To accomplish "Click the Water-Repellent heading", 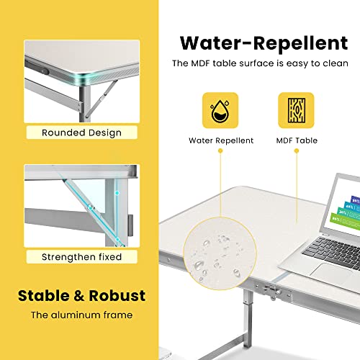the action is coord(264,44).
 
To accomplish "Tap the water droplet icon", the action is coord(220,110).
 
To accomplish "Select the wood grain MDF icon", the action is coord(296,110).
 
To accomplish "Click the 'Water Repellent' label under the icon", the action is coord(221,140).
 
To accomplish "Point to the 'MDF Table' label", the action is coord(297,140).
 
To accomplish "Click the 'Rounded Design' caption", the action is coord(81,132).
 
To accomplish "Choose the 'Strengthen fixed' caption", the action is coord(81,257).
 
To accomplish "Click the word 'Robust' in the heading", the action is coord(117,295).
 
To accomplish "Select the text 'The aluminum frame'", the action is coord(81,315).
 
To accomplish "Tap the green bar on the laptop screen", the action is coord(346,221).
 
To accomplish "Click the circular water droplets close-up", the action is coord(220,253).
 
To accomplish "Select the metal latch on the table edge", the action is coord(272,291).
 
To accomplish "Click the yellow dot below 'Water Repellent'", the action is coord(220,150).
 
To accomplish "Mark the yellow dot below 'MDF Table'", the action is coord(297,150).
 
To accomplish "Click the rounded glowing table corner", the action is coord(84,78).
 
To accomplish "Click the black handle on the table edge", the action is coord(37,68).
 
